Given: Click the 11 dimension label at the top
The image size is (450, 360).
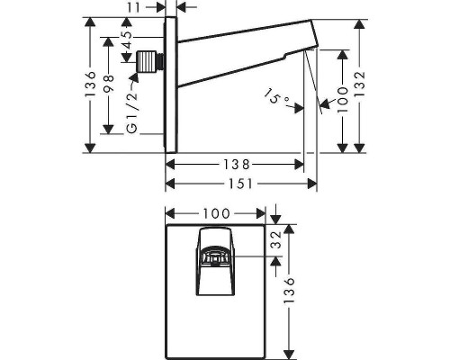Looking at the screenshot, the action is tap(134, 7).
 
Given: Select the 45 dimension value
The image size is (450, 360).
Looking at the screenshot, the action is tap(128, 40).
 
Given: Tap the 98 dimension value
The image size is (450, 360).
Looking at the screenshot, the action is tap(108, 84).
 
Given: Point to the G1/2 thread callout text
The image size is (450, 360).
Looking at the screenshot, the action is tap(132, 112).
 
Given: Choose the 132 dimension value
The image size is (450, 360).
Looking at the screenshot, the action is tap(359, 84).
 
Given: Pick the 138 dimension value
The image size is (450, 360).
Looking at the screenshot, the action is tap(237, 165).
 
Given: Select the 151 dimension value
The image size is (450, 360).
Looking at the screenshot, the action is tap(241, 184).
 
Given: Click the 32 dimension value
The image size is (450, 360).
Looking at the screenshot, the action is tap(277, 239).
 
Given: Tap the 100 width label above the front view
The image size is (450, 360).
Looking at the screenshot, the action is tap(216, 213).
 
